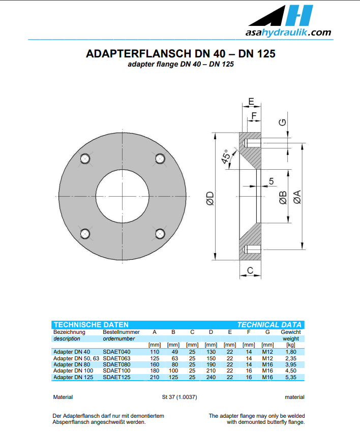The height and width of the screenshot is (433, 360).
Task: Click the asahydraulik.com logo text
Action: click(288, 33)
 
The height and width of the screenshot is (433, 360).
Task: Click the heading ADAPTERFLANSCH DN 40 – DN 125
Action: click(181, 53)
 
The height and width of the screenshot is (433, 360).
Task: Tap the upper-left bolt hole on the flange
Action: click(85, 159)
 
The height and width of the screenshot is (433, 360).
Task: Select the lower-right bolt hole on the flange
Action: click(159, 234)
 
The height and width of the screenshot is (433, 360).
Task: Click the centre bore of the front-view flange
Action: click(122, 197)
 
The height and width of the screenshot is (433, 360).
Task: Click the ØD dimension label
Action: click(209, 199)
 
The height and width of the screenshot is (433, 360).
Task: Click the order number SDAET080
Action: click(116, 364)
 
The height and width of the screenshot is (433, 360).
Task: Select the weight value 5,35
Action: click(291, 377)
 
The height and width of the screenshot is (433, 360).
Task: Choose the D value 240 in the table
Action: click(211, 377)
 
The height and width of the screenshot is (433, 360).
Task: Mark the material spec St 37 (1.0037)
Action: click(176, 397)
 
